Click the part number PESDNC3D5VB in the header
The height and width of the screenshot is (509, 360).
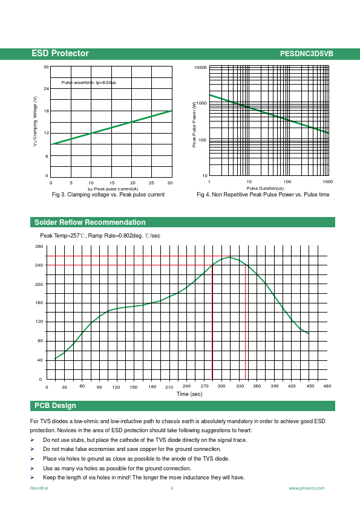306,54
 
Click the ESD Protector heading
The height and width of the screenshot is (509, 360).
60,54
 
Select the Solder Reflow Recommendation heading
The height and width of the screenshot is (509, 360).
90,222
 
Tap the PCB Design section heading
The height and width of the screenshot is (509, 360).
55,406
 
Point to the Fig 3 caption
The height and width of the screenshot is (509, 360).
108,195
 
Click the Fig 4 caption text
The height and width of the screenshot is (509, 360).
263,195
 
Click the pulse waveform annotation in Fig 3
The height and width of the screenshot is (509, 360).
89,82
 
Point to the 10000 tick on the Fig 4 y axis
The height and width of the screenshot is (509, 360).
200,68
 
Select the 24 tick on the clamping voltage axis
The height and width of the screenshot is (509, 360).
47,89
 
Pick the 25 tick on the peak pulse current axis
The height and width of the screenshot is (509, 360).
151,183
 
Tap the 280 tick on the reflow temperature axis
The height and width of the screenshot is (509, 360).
39,247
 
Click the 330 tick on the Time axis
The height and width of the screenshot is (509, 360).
240,386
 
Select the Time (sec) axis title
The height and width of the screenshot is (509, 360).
189,394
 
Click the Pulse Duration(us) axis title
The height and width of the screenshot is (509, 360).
265,188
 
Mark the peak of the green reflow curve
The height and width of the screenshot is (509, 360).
230,257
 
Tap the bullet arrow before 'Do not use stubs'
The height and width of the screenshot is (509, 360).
32,440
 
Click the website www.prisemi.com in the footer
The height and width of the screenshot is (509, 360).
307,488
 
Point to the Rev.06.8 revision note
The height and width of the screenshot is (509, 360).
39,488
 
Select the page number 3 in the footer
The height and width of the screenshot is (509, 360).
172,488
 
